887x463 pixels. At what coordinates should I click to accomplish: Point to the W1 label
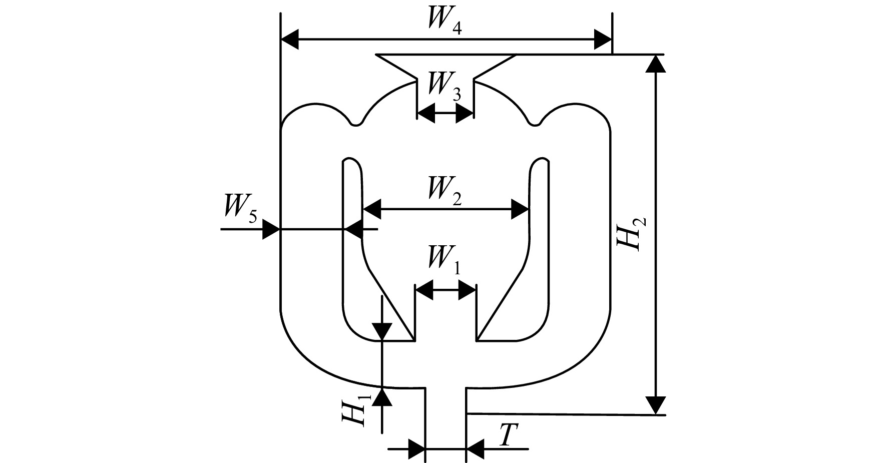[444, 260]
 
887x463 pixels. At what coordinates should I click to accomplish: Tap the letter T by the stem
[507, 436]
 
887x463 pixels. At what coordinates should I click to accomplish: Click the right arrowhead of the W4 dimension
[603, 39]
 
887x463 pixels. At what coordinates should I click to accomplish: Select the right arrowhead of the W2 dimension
[520, 209]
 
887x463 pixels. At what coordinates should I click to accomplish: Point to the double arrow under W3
[446, 114]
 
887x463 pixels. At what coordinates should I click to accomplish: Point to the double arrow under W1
[446, 290]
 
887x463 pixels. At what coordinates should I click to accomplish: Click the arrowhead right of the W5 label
[271, 230]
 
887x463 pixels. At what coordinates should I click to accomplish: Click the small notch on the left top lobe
[355, 123]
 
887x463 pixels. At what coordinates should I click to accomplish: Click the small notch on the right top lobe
[536, 123]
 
